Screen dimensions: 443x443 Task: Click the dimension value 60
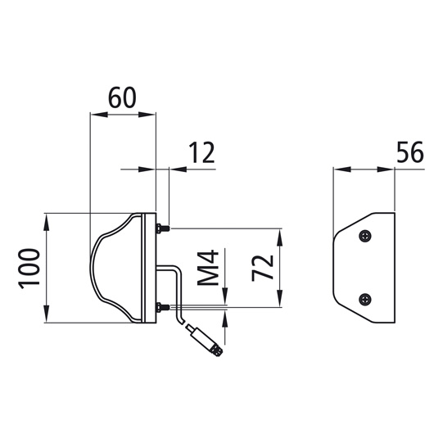pyautogui.click(x=121, y=98)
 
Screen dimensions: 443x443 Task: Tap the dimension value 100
pyautogui.click(x=29, y=267)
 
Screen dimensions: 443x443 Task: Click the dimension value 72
pyautogui.click(x=261, y=267)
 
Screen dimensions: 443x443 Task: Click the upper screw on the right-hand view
pyautogui.click(x=366, y=236)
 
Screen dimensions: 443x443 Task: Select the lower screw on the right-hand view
pyautogui.click(x=366, y=298)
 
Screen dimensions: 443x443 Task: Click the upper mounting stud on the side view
pyautogui.click(x=162, y=228)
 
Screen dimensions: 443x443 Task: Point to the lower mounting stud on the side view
pyautogui.click(x=162, y=308)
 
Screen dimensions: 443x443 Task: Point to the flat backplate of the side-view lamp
pyautogui.click(x=151, y=267)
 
